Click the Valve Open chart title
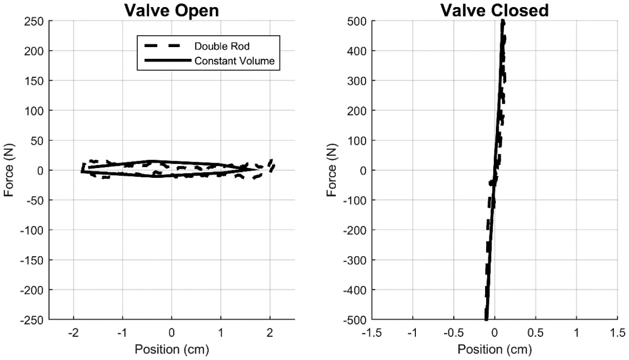172,10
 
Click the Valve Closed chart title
494,10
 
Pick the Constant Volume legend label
235,62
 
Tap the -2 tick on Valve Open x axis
72,331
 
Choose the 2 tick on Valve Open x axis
270,331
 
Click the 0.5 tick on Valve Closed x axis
535,331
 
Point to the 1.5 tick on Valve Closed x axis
617,331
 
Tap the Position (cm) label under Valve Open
172,349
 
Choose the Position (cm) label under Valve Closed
494,349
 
